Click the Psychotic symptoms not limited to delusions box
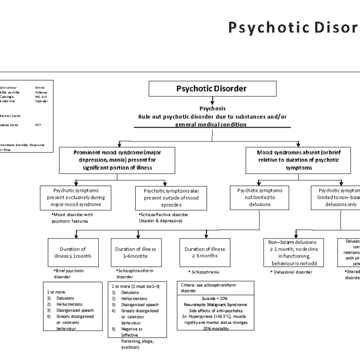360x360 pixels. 260,197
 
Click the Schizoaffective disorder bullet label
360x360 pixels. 164,218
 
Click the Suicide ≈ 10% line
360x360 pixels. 216,299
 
